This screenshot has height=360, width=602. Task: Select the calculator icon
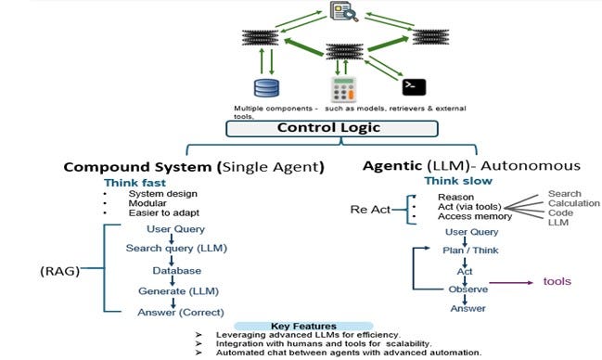(x=345, y=90)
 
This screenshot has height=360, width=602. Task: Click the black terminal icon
(x=413, y=87)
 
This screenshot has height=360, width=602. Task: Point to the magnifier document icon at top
(x=342, y=12)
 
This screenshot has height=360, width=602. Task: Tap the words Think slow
(x=458, y=181)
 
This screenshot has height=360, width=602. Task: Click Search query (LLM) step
(x=176, y=249)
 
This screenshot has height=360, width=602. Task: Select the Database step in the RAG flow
(x=177, y=270)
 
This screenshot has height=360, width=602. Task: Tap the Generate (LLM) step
(x=177, y=291)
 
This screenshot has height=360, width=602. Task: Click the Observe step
(x=468, y=289)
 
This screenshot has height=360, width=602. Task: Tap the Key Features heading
(x=301, y=326)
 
